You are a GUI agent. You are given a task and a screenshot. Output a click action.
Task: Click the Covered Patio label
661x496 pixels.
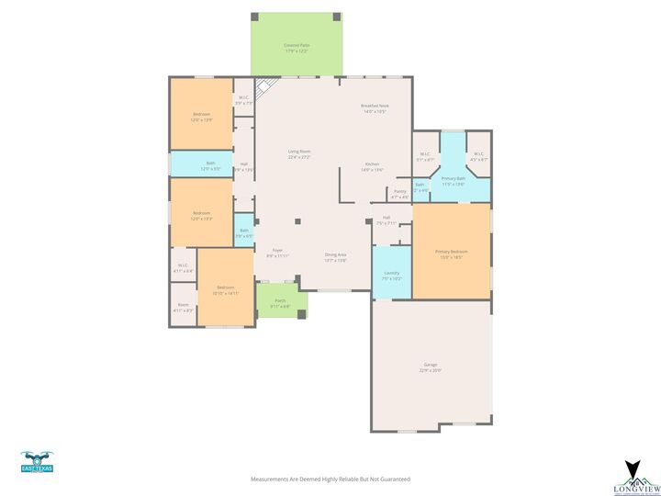coord(296,47)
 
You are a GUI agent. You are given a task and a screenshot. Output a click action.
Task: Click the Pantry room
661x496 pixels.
coord(399,194)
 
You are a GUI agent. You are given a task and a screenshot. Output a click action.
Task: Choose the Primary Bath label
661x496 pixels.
coord(454,180)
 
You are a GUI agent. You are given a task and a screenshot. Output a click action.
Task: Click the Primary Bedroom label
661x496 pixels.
coord(451,254)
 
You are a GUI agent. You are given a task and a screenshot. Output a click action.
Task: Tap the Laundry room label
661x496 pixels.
coord(391,275)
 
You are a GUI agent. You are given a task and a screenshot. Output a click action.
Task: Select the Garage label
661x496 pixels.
coord(431,367)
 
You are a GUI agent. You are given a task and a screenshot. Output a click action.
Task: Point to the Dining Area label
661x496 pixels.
coord(335,256)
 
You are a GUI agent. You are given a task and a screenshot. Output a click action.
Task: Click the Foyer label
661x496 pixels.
coord(277,253)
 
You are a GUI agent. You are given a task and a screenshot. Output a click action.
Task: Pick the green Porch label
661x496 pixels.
coord(280,302)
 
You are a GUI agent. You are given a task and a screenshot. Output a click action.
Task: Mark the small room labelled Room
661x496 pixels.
coord(184,307)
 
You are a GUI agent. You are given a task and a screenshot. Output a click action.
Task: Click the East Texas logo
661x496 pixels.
coord(37,462)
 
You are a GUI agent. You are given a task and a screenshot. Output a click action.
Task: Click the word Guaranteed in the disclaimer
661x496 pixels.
coord(394,479)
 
